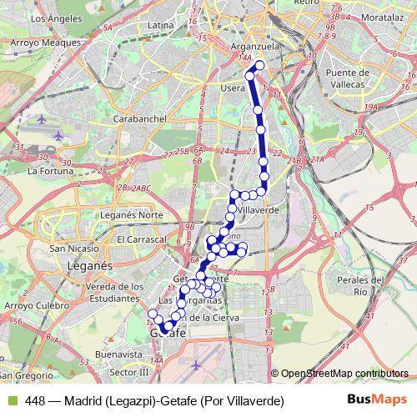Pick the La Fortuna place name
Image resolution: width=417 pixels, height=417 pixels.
point(47,171)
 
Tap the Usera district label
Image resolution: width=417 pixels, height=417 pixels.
point(233,88)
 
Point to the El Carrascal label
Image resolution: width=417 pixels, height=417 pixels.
point(142,239)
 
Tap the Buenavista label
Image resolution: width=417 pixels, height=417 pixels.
point(114,354)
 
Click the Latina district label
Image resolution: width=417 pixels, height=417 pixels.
point(158,26)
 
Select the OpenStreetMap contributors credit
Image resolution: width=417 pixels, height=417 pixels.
point(344,374)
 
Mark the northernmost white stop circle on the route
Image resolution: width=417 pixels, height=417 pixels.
point(259,65)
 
